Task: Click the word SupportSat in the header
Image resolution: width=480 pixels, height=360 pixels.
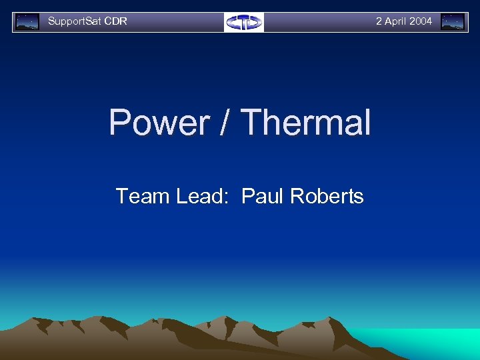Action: [x=75, y=21]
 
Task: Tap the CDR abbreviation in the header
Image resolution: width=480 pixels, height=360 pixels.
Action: [x=116, y=21]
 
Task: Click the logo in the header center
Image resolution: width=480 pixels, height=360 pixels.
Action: [x=244, y=22]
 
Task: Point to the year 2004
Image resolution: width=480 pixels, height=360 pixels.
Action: [x=421, y=21]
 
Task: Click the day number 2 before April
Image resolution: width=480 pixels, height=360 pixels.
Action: [x=379, y=21]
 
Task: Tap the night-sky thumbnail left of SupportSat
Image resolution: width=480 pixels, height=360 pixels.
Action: [x=27, y=22]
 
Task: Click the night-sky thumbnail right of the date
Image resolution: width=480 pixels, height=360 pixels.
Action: [x=453, y=22]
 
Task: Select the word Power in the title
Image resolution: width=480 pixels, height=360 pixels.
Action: [x=159, y=123]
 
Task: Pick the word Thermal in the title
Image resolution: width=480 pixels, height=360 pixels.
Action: [x=305, y=123]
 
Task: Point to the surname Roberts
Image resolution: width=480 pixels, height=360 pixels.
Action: [x=326, y=196]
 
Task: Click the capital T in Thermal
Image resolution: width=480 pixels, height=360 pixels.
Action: [x=252, y=123]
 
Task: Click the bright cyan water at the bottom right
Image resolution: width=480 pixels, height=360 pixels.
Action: [x=433, y=343]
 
